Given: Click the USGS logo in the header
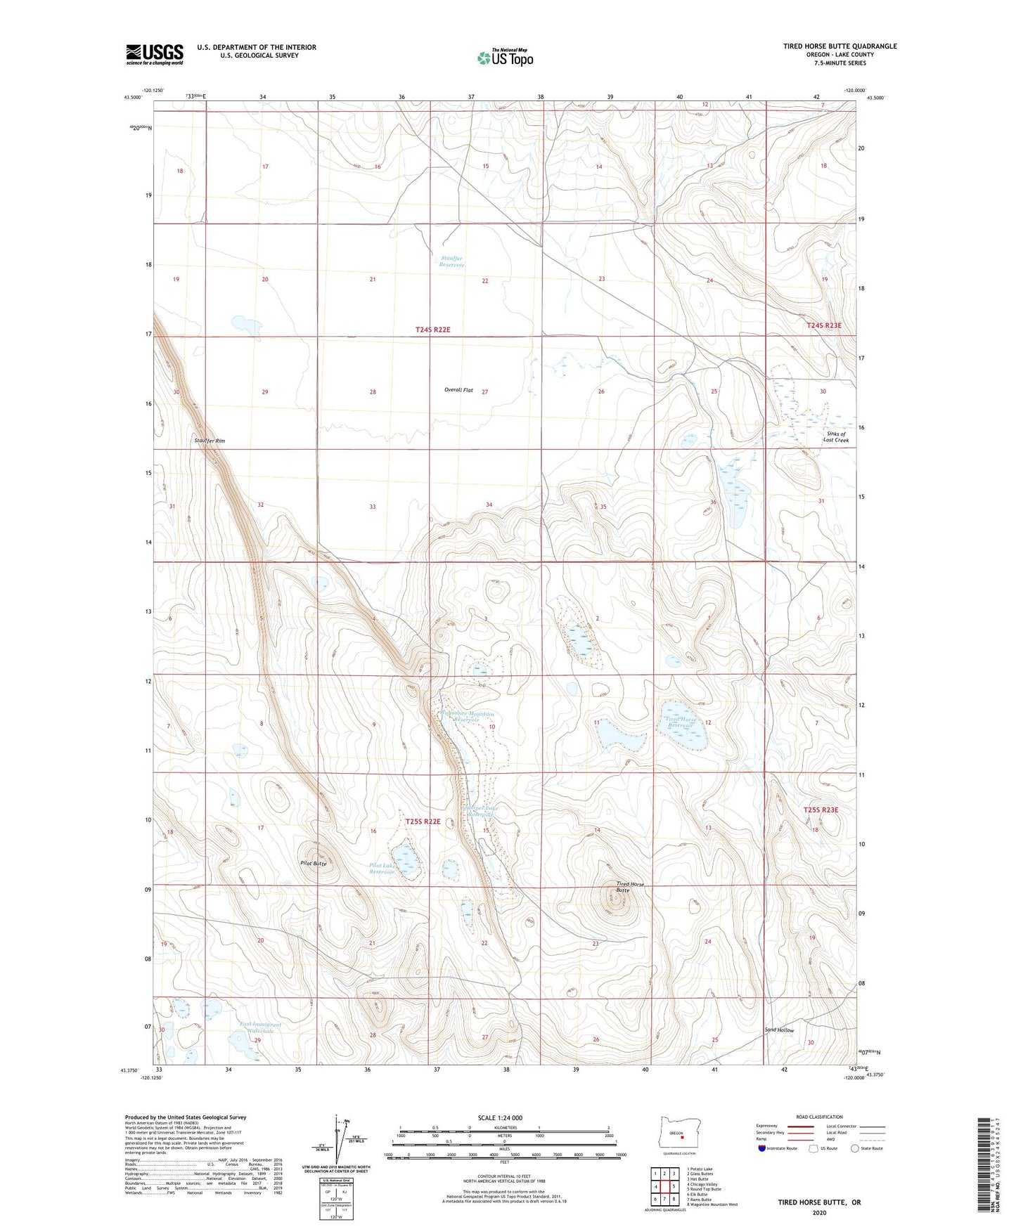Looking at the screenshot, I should click(155, 53).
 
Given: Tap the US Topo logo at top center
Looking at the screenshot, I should click(505, 58).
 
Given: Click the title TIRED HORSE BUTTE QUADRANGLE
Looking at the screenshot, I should click(840, 46).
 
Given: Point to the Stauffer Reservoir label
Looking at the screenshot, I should click(451, 262).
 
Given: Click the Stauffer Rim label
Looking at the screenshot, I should click(210, 441).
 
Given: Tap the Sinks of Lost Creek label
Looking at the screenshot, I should click(836, 437).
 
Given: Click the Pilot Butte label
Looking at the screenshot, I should click(313, 863).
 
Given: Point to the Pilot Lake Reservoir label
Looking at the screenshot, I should click(382, 868).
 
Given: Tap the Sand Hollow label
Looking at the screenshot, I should click(779, 1030).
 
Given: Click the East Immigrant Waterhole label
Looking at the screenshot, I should click(259, 1028).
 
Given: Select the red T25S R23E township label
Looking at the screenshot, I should click(821, 810).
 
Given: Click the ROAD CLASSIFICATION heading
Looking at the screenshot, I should click(819, 1117).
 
